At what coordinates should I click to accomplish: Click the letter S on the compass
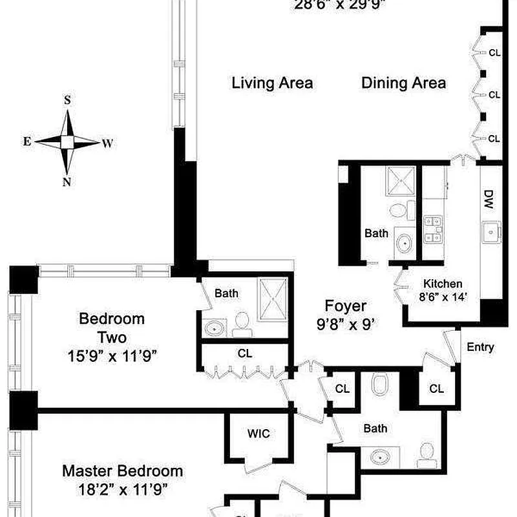click(x=67, y=100)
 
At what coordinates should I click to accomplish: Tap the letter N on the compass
click(x=67, y=182)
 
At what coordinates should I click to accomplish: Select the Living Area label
click(x=272, y=83)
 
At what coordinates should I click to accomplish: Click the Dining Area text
click(x=403, y=83)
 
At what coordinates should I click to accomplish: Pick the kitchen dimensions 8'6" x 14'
click(x=442, y=298)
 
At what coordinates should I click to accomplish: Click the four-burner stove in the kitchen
click(x=432, y=230)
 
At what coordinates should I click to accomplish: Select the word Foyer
click(x=345, y=306)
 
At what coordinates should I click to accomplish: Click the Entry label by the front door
click(x=480, y=347)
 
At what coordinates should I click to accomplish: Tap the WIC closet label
click(x=258, y=434)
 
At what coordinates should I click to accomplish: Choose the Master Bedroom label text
click(x=122, y=471)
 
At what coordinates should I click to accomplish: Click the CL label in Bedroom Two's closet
click(x=244, y=353)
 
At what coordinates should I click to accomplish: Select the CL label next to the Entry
click(x=437, y=388)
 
